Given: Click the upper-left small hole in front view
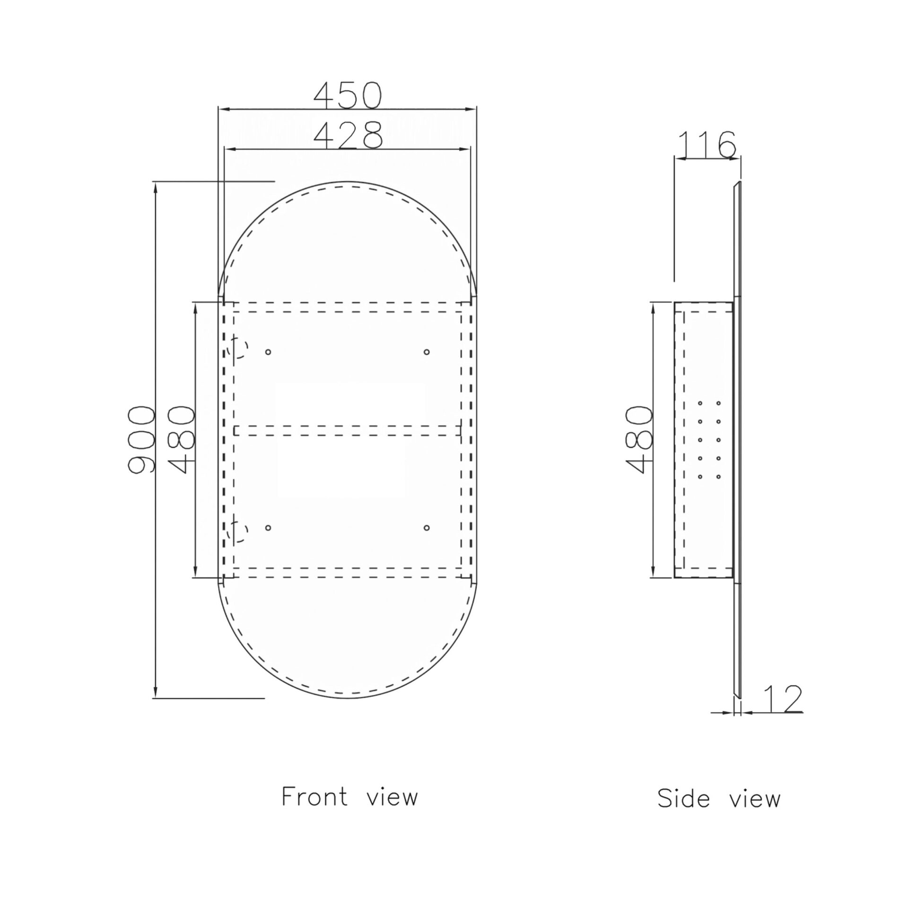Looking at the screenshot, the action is pos(268,352).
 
